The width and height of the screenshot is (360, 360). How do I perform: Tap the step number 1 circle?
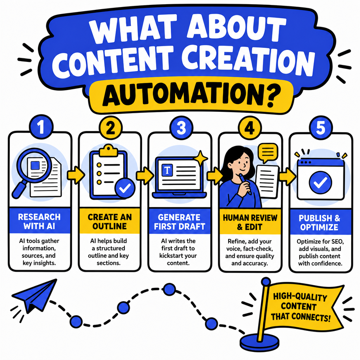41,127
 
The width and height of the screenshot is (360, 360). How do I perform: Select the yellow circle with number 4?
250,128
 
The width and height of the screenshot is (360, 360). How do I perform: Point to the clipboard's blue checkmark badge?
125,188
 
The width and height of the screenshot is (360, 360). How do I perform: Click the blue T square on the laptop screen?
167,170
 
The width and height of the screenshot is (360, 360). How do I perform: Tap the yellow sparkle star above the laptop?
200,158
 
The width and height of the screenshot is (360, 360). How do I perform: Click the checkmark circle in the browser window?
320,182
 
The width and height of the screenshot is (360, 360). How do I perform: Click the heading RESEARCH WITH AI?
39,221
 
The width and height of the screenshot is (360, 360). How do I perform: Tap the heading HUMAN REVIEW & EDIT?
250,222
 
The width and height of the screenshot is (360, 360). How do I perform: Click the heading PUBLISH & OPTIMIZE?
319,223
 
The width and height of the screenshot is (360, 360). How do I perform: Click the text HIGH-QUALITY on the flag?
300,297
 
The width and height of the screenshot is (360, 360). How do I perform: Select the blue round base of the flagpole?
259,342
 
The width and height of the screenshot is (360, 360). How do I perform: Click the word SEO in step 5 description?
337,242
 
